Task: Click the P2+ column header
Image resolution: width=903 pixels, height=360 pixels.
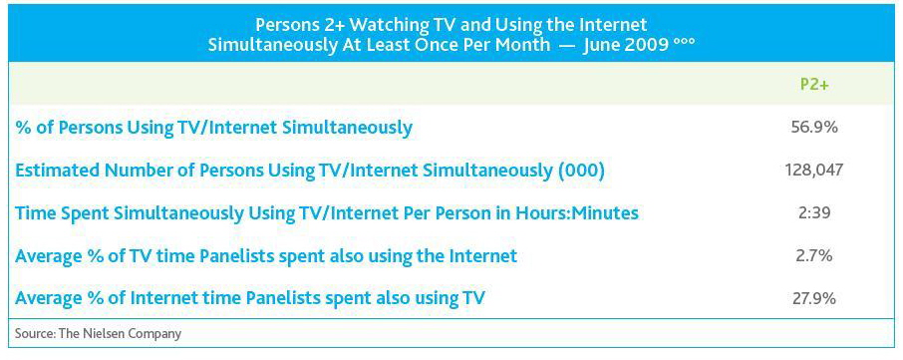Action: click(814, 85)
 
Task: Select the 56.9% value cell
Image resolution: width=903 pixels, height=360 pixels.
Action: click(814, 128)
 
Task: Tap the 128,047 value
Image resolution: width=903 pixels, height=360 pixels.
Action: click(814, 170)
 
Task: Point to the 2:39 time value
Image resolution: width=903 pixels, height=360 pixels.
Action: click(814, 212)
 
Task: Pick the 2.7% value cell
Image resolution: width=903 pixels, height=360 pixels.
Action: click(814, 255)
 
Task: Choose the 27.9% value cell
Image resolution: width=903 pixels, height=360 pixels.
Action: click(814, 298)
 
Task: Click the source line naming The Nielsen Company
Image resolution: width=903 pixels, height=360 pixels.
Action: click(98, 333)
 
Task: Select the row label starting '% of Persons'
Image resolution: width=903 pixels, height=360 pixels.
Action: click(213, 128)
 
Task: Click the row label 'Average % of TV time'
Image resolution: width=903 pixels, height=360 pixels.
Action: click(266, 255)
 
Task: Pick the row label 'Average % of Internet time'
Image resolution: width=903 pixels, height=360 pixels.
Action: click(250, 298)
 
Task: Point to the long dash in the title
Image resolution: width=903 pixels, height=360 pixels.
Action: click(566, 46)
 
